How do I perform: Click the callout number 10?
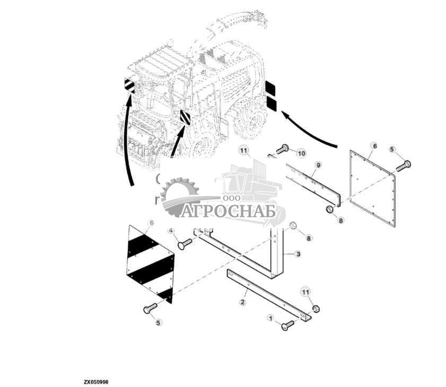(302, 154)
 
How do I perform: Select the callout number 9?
(318, 165)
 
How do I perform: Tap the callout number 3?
(298, 254)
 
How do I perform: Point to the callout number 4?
(171, 231)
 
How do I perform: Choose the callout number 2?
(242, 302)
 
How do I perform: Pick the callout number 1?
(270, 318)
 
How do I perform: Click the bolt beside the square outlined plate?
(404, 166)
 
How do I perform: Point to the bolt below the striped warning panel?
(150, 308)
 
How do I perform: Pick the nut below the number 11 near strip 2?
(316, 309)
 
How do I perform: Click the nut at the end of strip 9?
(329, 210)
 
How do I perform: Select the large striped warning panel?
(150, 264)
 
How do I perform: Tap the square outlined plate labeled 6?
(372, 188)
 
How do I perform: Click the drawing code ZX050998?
(96, 382)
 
